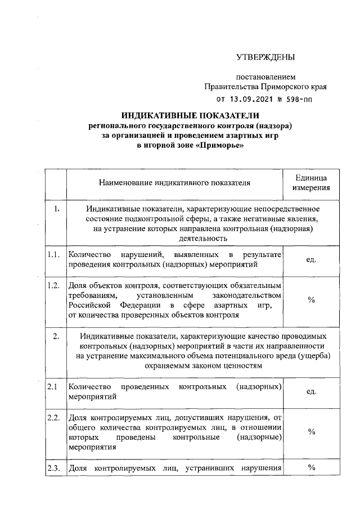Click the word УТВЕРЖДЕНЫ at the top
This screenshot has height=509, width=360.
(x=265, y=56)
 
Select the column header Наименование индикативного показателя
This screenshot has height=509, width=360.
(x=174, y=182)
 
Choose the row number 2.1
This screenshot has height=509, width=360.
(x=53, y=386)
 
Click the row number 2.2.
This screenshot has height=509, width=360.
(x=54, y=417)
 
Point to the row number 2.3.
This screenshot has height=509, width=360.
(x=54, y=467)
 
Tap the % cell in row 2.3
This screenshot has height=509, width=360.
(x=311, y=467)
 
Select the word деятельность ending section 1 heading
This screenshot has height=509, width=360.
(x=202, y=238)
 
